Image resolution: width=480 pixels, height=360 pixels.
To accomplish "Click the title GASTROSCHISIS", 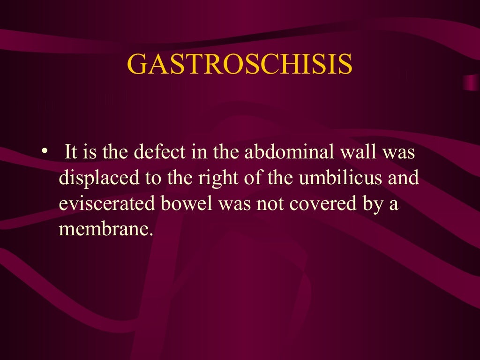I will coord(240,64).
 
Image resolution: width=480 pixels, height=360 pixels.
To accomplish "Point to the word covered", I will coord(317,205).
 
